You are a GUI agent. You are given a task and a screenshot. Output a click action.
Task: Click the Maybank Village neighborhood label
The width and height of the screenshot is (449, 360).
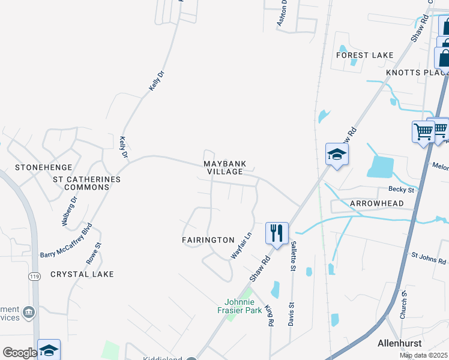click(223, 167)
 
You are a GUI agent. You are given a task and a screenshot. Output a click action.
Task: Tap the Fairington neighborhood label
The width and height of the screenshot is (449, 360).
click(208, 239)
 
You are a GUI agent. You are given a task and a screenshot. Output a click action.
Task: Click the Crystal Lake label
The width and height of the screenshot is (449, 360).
click(82, 274)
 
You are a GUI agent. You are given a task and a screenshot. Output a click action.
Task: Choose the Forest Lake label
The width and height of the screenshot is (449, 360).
click(365, 55)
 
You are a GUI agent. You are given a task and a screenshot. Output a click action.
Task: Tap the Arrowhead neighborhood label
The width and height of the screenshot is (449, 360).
click(377, 203)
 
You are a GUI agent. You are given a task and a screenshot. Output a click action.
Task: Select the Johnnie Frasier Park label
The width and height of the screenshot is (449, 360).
click(240, 306)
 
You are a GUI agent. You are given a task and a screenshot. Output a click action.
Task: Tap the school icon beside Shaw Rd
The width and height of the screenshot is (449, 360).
click(337, 154)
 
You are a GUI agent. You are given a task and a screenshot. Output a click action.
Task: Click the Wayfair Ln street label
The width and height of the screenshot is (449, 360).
click(241, 246)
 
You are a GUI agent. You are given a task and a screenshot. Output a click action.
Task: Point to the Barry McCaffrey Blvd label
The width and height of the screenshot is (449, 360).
click(67, 241)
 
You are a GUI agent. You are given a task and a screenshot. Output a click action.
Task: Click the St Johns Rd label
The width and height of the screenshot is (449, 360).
click(429, 259)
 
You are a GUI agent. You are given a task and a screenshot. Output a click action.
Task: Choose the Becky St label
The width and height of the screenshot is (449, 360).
click(402, 190)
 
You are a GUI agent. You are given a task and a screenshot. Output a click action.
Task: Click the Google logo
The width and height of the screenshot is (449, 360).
click(19, 353)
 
